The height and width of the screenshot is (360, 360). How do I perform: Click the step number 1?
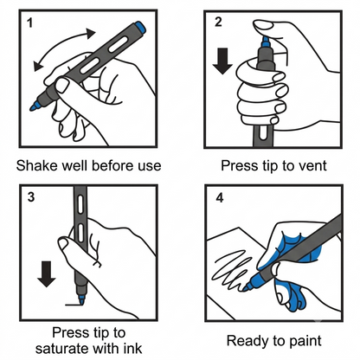29,22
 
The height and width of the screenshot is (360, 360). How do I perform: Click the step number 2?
218,22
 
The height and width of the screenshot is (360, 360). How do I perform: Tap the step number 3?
31,196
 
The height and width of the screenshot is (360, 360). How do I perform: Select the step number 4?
220,198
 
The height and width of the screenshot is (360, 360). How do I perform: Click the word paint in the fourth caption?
305,341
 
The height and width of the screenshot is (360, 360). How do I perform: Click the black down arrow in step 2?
222,61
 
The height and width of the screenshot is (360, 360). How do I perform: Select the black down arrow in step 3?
47,274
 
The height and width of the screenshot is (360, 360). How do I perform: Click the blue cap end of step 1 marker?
140,28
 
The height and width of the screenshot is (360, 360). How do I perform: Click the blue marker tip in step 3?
81,299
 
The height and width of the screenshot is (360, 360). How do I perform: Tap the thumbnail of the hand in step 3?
64,243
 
